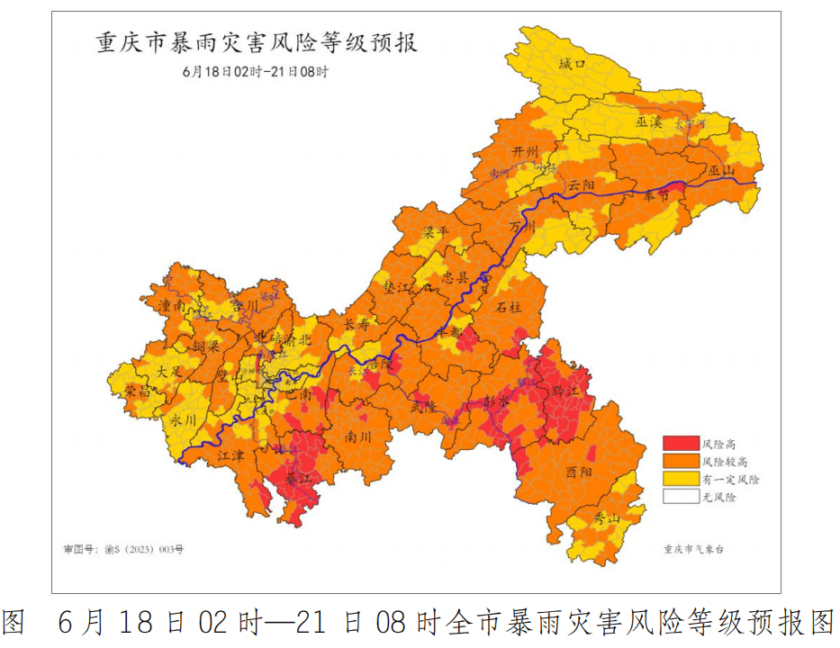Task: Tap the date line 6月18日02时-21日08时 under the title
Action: point(255,71)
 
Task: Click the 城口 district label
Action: point(572,64)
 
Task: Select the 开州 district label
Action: point(525,152)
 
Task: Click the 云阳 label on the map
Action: point(581,184)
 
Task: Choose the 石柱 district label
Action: point(510,307)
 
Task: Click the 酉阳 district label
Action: point(580,472)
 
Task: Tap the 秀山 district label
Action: point(607,518)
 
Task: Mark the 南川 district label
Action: point(358,436)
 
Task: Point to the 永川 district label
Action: point(183,419)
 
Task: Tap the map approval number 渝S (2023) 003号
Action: point(122,548)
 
